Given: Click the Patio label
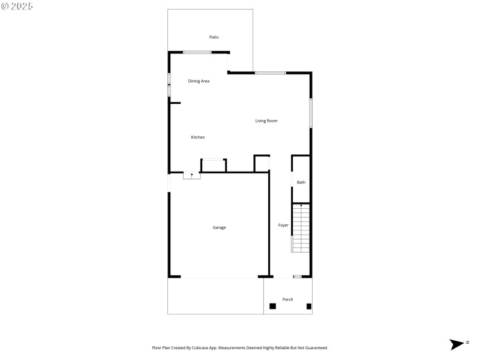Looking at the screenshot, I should click(214, 37).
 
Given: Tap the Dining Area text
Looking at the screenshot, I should click(199, 81).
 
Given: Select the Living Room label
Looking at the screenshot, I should click(266, 121).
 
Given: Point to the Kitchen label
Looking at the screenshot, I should click(198, 137).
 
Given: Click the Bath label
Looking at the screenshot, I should click(301, 182).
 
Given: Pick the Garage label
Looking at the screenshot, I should click(219, 227).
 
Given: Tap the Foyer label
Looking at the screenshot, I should click(283, 226).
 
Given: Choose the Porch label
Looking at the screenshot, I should click(288, 299).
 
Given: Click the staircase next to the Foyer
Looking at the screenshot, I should click(301, 228).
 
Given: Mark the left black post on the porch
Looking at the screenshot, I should click(272, 306).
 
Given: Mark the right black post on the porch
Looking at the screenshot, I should click(309, 306).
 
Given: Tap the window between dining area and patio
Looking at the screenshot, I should click(197, 53).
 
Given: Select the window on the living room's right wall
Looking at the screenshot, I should click(311, 113).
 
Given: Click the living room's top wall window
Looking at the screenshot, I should click(270, 73).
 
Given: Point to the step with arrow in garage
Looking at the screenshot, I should click(191, 176).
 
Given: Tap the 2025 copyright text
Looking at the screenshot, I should click(17, 6).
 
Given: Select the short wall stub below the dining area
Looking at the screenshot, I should click(175, 103).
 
